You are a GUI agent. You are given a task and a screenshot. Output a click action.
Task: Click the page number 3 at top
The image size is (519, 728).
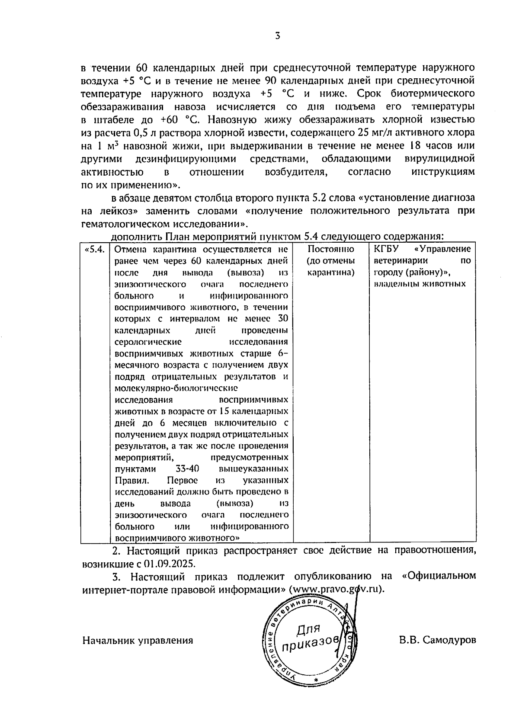coord(277,36)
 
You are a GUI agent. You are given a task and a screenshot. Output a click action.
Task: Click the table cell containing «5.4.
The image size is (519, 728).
coord(95,250)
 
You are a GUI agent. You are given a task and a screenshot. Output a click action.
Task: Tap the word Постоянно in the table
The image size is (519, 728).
coord(331,250)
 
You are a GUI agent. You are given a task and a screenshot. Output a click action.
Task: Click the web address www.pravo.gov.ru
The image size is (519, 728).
coord(337,590)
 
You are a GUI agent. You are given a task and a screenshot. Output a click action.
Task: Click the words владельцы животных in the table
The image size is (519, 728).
coord(420,284)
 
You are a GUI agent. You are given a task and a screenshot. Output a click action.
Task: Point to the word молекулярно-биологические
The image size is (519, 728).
coord(176,388)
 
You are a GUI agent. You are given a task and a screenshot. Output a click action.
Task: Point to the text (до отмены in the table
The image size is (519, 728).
coord(331,261)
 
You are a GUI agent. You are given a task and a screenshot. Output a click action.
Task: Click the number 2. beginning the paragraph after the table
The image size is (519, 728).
coord(115,551)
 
